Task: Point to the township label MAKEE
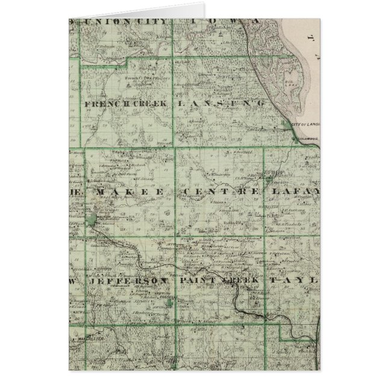125,191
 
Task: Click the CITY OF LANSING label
305,124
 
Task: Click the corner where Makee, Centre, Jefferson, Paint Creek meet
176,237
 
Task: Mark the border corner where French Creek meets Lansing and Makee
175,146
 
